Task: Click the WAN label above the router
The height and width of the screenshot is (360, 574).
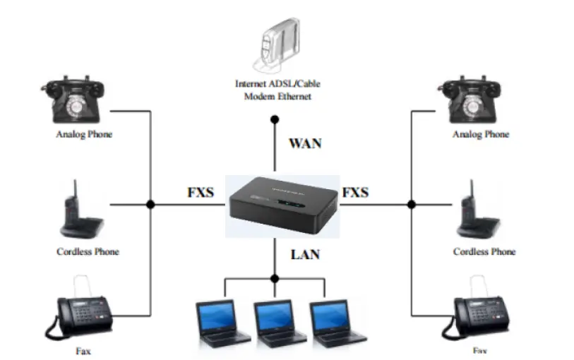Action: click(x=304, y=143)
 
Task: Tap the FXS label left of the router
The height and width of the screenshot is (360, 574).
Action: click(x=201, y=192)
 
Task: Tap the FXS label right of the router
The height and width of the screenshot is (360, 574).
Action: click(x=355, y=192)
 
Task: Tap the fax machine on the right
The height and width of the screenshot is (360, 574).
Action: click(x=480, y=309)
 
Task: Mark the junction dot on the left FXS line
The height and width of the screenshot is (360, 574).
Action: click(x=150, y=204)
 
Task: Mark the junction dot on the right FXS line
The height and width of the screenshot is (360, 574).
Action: click(x=411, y=204)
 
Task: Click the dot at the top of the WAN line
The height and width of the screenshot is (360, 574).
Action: click(x=275, y=120)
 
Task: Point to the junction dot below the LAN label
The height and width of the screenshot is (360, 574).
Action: click(x=275, y=278)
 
